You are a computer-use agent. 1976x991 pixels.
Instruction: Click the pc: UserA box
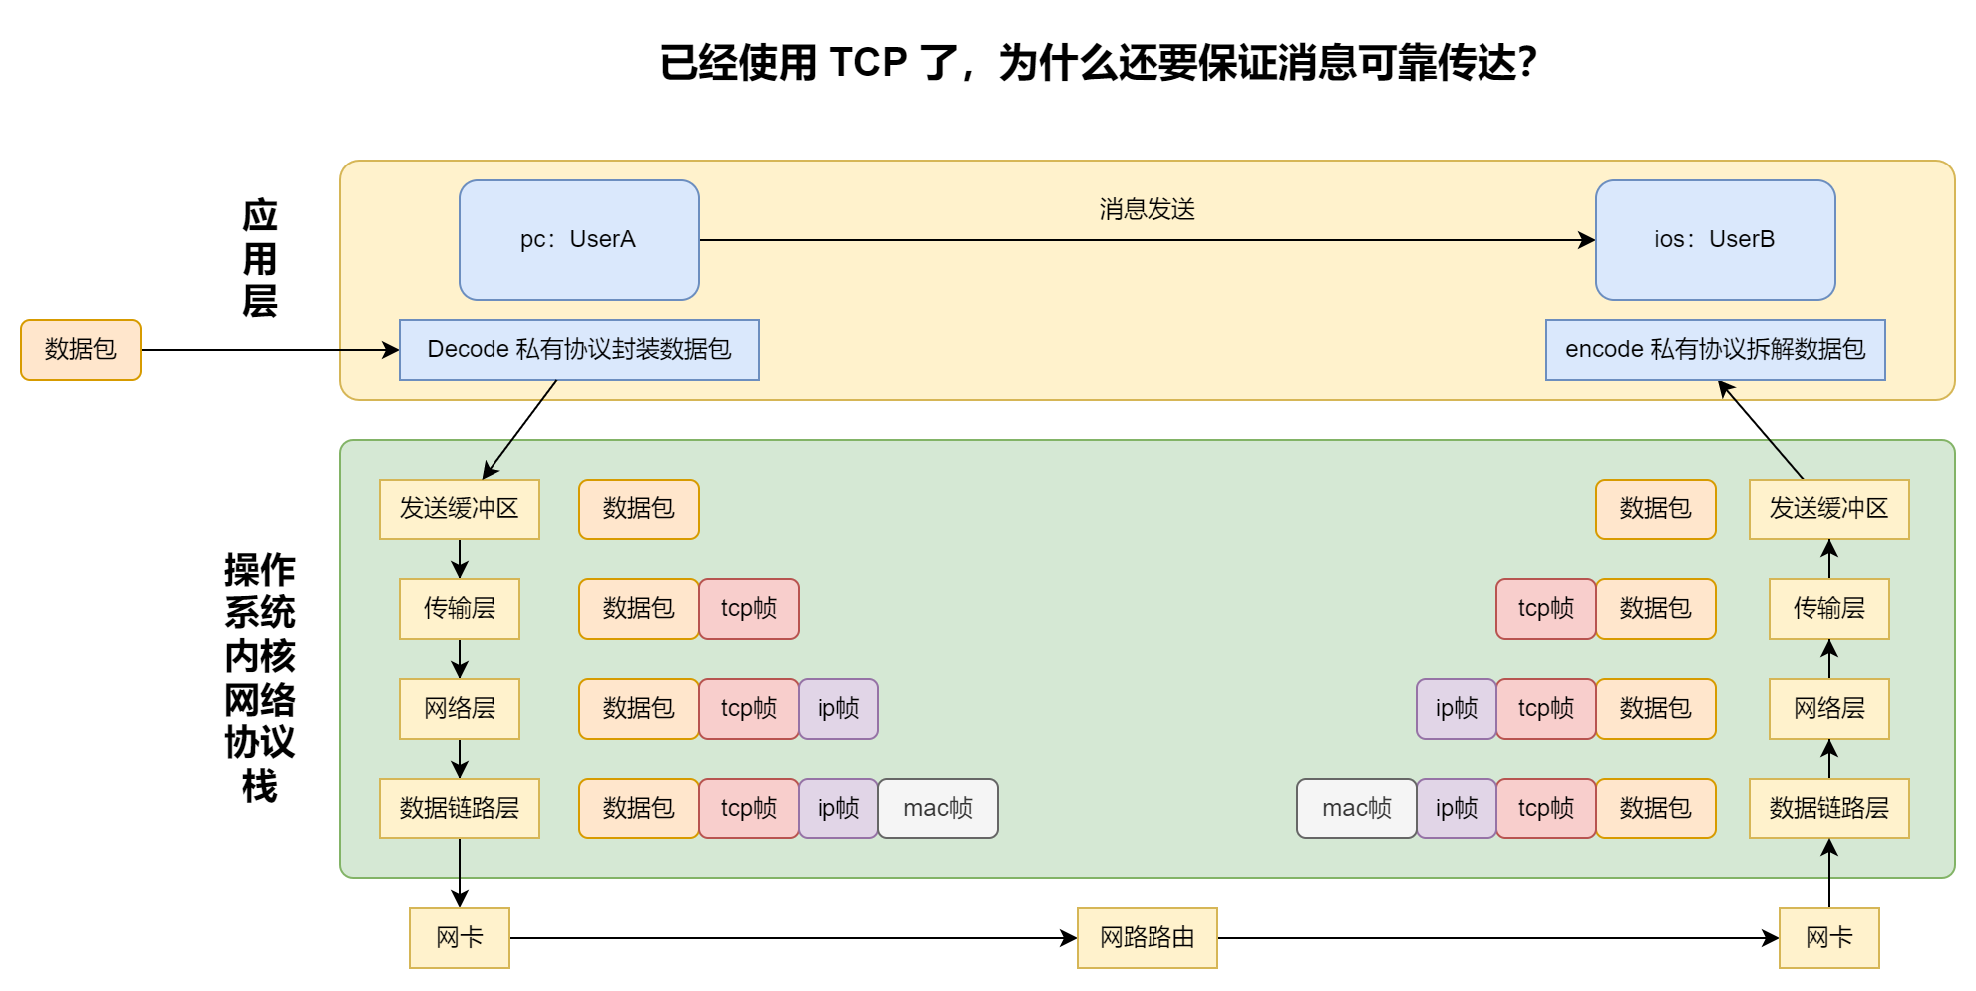tap(578, 240)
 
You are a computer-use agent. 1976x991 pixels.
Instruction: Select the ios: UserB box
tap(1715, 240)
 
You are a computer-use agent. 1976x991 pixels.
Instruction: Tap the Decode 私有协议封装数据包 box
tap(578, 350)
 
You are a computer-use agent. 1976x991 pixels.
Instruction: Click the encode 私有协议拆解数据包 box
tap(1715, 350)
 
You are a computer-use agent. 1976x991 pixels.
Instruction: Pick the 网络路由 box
tap(1147, 938)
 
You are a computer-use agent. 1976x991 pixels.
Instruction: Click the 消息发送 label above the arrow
tap(1147, 209)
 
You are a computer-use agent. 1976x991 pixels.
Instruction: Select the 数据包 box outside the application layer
tap(81, 350)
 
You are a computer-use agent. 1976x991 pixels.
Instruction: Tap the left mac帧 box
tap(937, 809)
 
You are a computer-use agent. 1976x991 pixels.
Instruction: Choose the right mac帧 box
tap(1356, 809)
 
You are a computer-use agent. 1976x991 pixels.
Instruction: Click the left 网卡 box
tap(460, 938)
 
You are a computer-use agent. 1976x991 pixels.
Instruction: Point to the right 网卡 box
tap(1828, 938)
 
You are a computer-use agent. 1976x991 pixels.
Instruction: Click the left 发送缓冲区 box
tap(460, 509)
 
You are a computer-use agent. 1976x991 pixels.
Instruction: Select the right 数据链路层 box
tap(1828, 809)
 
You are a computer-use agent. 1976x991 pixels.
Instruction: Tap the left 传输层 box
tap(460, 609)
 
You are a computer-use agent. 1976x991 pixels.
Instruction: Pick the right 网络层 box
tap(1828, 709)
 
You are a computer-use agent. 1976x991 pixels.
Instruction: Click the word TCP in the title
tap(868, 63)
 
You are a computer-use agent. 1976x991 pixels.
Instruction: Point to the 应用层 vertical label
tap(260, 258)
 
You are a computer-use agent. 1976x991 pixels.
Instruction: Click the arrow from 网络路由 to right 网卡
tap(1495, 938)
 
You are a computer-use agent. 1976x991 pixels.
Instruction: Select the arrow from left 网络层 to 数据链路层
tap(460, 759)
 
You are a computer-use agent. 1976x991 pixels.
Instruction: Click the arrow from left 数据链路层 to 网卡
tap(460, 873)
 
